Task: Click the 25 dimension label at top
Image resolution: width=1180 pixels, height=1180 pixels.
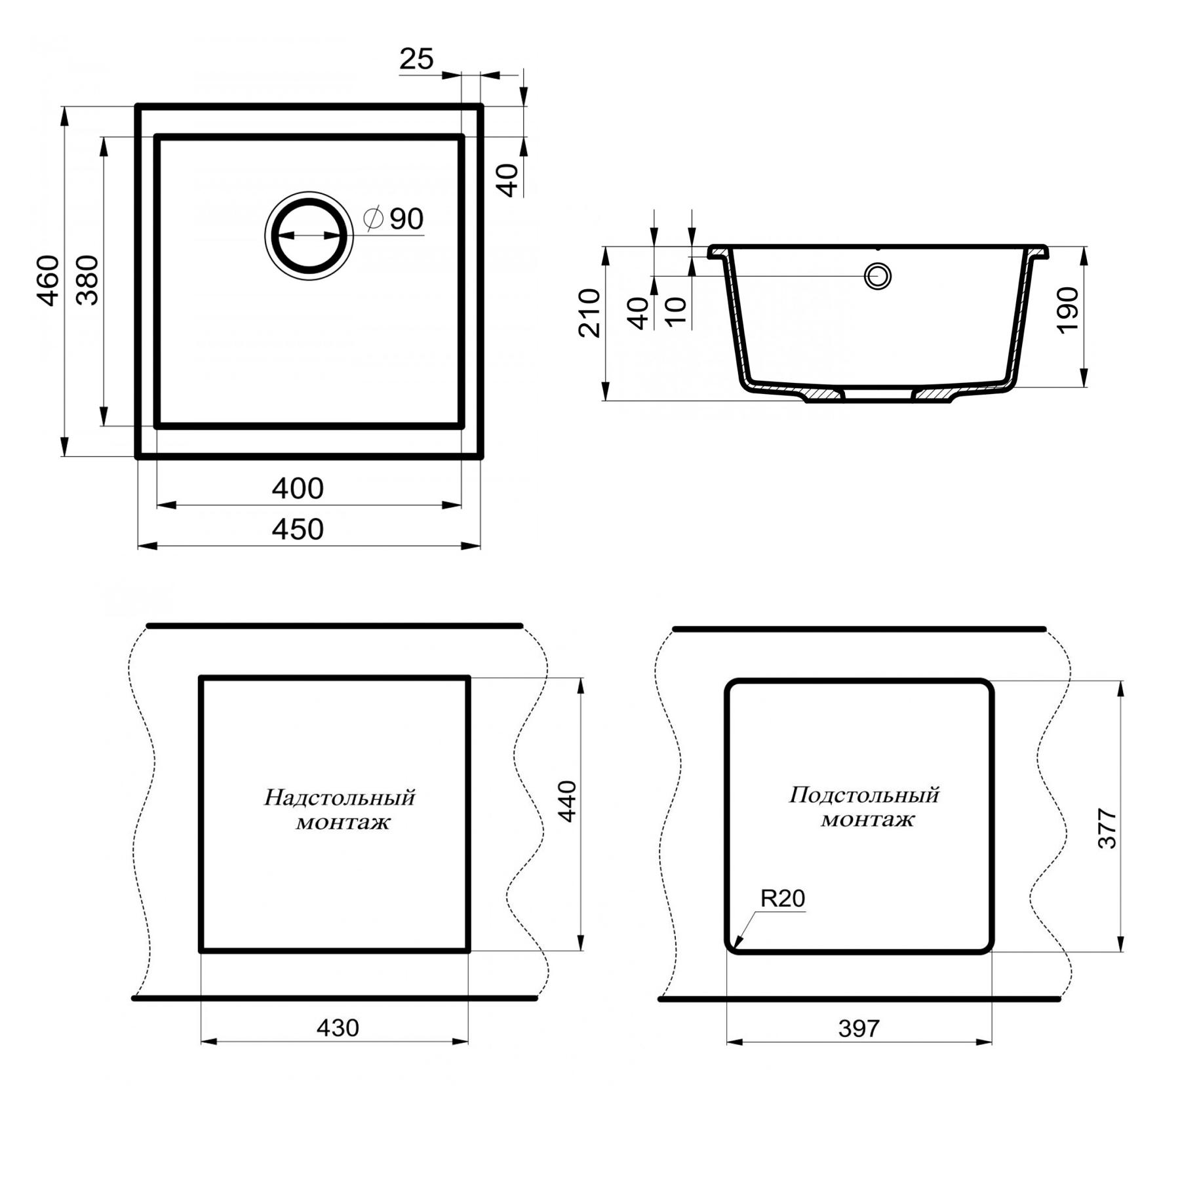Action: tap(416, 60)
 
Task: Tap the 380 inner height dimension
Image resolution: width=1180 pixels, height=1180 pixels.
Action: tap(87, 281)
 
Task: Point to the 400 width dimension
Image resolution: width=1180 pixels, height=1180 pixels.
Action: tap(298, 489)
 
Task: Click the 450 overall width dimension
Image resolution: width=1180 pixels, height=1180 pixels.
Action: tap(298, 530)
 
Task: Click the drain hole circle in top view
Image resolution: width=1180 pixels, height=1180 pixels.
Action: tap(309, 236)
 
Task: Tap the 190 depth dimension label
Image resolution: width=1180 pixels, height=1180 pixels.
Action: tap(1068, 310)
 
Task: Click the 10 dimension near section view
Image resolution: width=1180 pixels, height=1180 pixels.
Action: tap(677, 311)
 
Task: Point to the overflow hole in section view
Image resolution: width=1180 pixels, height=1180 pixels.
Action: tap(877, 276)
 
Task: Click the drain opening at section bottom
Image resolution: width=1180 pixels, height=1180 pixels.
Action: tap(877, 395)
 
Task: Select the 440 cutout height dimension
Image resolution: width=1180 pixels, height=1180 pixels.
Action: tap(566, 801)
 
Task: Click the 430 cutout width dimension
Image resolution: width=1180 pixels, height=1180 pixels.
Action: tap(338, 1028)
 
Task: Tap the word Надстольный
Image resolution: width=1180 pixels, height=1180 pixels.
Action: tap(340, 798)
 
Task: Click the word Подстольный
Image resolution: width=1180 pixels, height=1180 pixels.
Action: tap(864, 795)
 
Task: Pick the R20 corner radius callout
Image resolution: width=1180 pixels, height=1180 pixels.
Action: tap(782, 898)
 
